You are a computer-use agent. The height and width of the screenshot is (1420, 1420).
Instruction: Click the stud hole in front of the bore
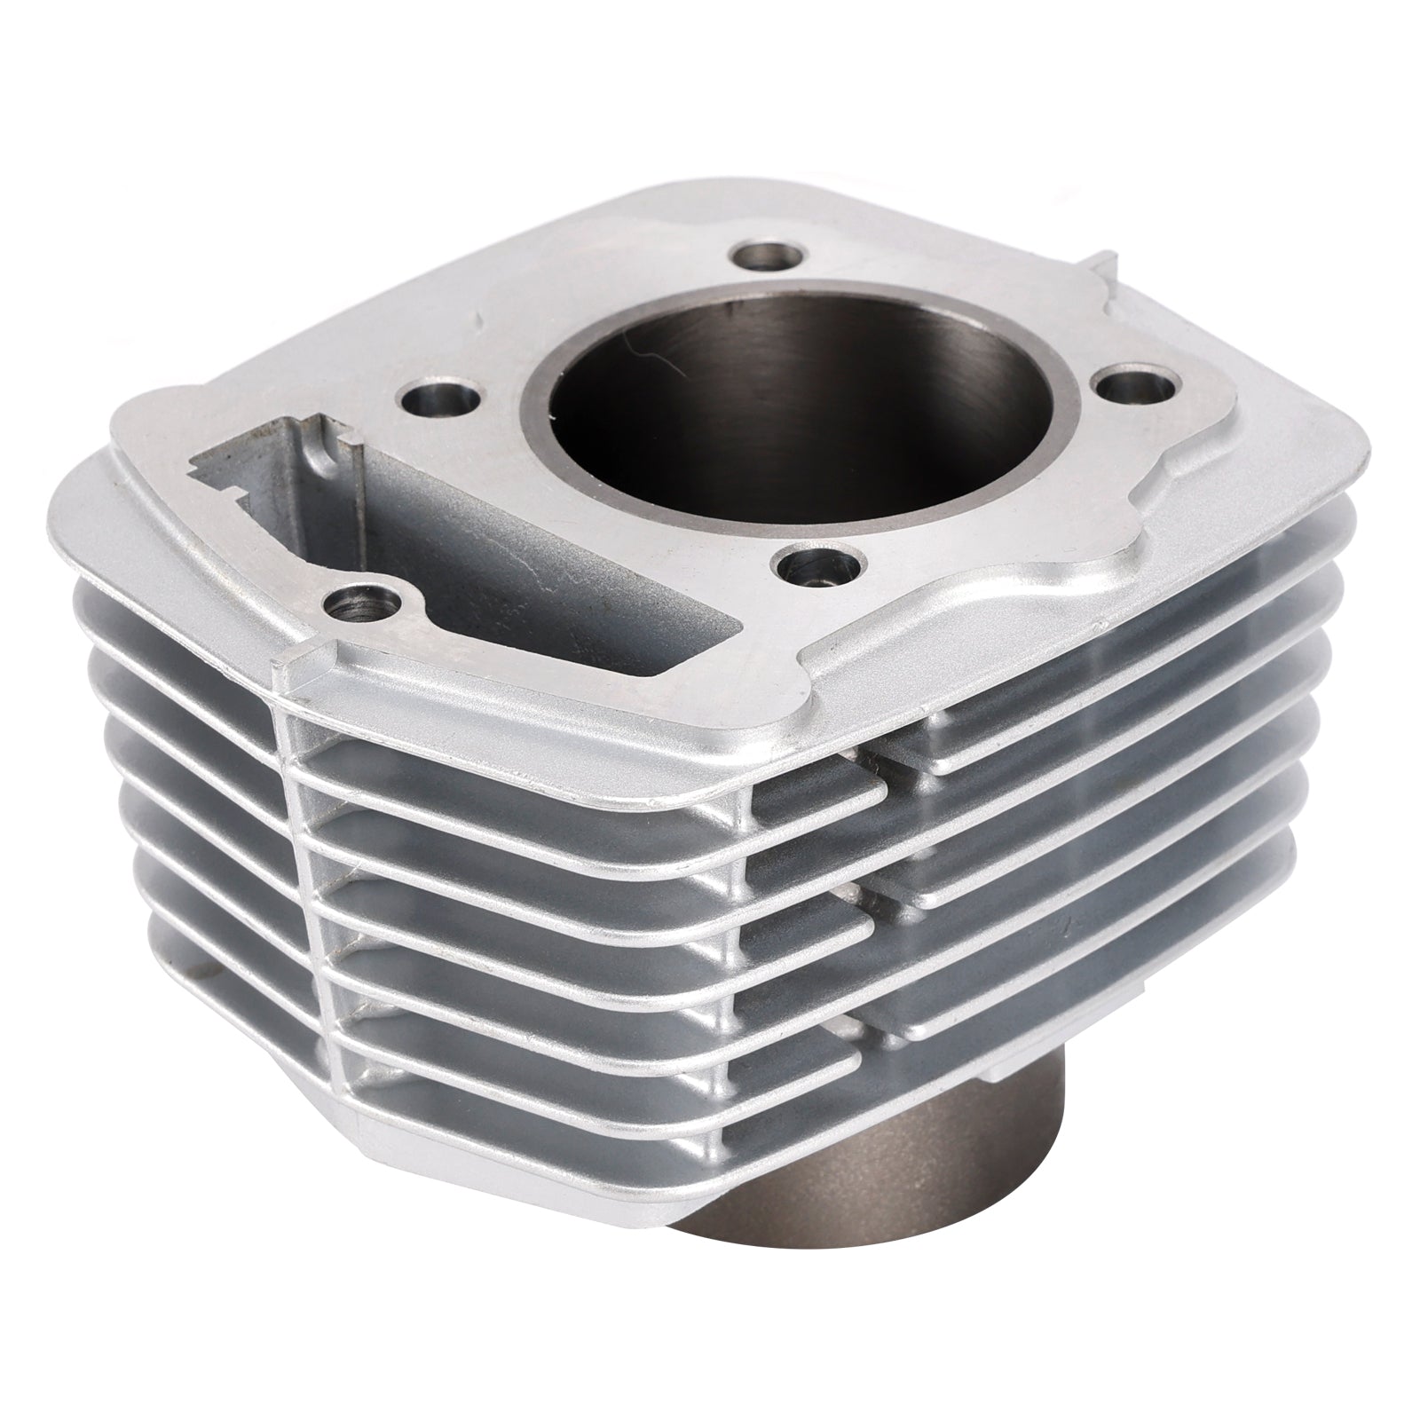[808, 566]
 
